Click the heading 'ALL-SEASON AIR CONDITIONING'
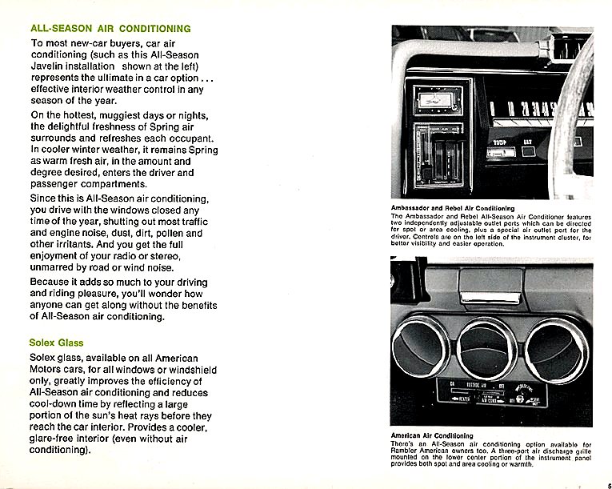pos(110,28)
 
